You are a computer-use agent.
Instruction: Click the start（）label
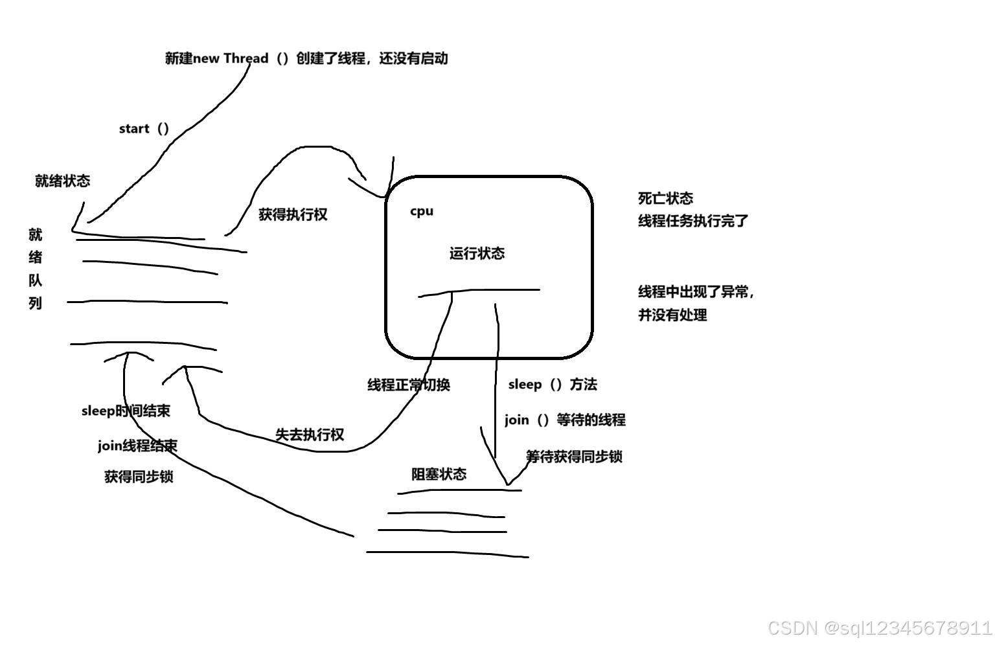pyautogui.click(x=144, y=128)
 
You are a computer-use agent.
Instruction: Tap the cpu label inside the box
pyautogui.click(x=422, y=211)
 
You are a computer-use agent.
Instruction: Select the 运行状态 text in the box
pyautogui.click(x=477, y=253)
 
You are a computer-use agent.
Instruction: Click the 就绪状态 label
pyautogui.click(x=62, y=181)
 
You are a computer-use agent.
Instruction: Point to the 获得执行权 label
pyautogui.click(x=293, y=214)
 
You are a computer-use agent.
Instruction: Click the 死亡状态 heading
pyautogui.click(x=665, y=198)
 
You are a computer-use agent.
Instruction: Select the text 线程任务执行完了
pyautogui.click(x=693, y=221)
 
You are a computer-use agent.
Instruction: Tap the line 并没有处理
pyautogui.click(x=672, y=315)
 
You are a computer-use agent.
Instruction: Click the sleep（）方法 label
pyautogui.click(x=553, y=385)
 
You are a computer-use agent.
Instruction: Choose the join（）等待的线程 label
pyautogui.click(x=565, y=420)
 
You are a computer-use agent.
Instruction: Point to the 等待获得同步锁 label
pyautogui.click(x=574, y=457)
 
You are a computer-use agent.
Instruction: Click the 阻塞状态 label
pyautogui.click(x=439, y=474)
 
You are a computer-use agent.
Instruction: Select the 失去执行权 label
pyautogui.click(x=310, y=435)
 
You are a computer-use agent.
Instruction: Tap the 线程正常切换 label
pyautogui.click(x=409, y=385)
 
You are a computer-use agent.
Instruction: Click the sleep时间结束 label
pyautogui.click(x=126, y=411)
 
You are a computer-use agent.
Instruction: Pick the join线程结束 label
pyautogui.click(x=137, y=446)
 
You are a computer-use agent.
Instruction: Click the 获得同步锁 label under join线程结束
pyautogui.click(x=139, y=477)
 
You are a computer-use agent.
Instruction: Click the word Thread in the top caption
pyautogui.click(x=246, y=58)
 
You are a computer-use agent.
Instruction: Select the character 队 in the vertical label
pyautogui.click(x=36, y=280)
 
